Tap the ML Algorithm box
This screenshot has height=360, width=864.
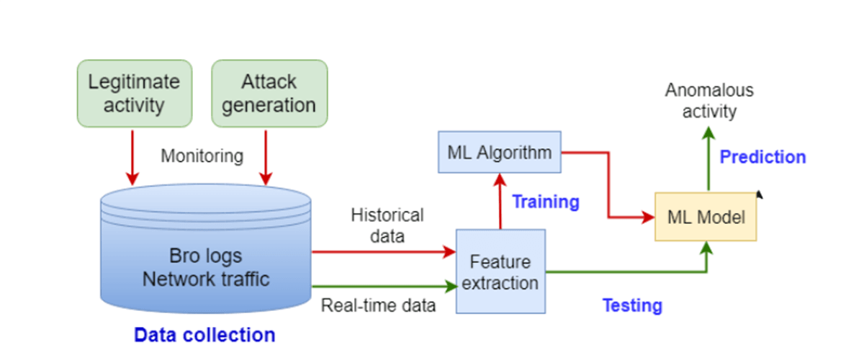(x=500, y=152)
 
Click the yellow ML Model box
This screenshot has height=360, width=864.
(x=706, y=216)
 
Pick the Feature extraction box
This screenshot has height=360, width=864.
(x=500, y=271)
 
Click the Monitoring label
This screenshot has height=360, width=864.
(x=202, y=156)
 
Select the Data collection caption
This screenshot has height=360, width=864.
(x=204, y=335)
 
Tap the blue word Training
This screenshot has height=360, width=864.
(x=546, y=202)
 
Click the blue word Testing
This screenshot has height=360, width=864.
(x=632, y=305)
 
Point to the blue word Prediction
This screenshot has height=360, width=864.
(x=763, y=157)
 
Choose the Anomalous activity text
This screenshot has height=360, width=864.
(x=710, y=101)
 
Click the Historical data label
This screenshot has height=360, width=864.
(x=387, y=225)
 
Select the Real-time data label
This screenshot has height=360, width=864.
(x=379, y=305)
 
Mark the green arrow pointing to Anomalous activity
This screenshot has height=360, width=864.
(x=708, y=158)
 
